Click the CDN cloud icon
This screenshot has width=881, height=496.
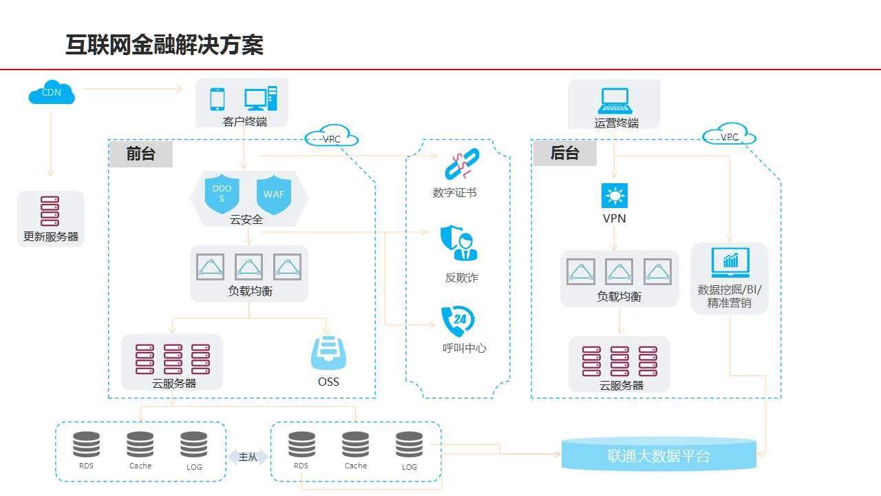[52, 92]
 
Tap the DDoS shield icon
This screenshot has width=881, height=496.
[222, 194]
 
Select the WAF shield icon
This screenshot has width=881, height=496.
[274, 194]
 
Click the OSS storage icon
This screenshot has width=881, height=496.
[328, 353]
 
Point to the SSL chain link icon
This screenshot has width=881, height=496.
[462, 164]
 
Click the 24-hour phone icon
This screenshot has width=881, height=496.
[458, 321]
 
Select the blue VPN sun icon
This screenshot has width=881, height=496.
[615, 196]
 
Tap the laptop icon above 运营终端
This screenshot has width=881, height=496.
[615, 101]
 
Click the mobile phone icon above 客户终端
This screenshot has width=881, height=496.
[217, 99]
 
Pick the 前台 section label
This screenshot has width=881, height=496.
[141, 154]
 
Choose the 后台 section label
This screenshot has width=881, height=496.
[565, 153]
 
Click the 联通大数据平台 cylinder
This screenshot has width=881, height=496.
[659, 454]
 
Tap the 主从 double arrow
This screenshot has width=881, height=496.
[248, 457]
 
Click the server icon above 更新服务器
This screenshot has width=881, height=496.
[50, 211]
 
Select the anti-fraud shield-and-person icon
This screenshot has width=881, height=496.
[458, 243]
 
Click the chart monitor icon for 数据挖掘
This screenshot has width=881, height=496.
[730, 262]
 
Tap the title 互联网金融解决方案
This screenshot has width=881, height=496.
[164, 45]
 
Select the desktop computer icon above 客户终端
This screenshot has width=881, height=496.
[261, 99]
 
